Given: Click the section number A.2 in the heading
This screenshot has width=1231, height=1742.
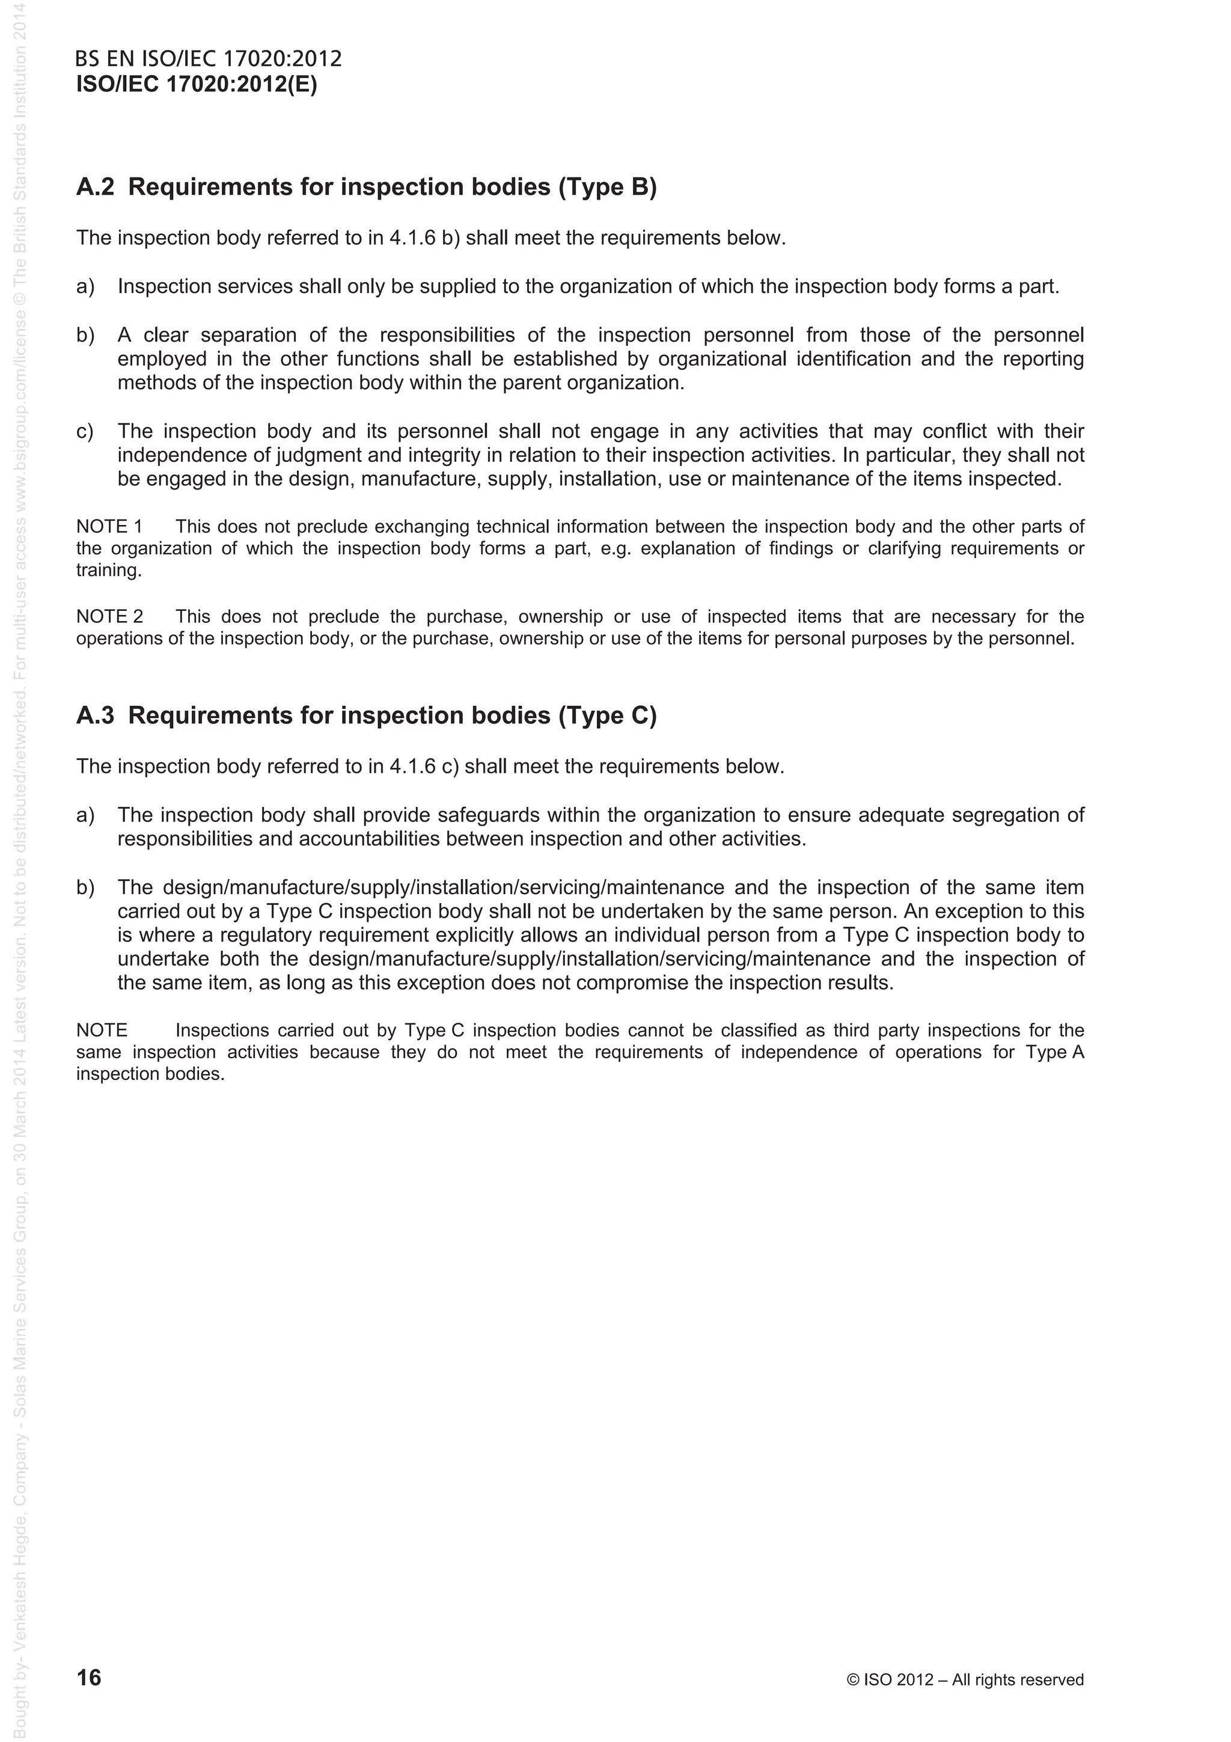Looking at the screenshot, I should [95, 186].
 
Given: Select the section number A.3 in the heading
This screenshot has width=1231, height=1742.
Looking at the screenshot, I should [95, 716].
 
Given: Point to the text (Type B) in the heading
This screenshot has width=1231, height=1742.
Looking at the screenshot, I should [608, 186].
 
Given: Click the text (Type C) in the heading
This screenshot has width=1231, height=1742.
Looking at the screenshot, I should [608, 716].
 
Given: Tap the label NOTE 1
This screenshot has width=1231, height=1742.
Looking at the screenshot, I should [109, 527].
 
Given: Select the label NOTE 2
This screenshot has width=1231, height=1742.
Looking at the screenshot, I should [109, 616].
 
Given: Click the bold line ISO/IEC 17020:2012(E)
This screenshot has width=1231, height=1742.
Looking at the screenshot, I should [197, 84].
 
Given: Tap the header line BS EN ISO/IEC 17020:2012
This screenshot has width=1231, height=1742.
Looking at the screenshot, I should [209, 59].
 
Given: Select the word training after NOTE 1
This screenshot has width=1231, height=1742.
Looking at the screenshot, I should [108, 571].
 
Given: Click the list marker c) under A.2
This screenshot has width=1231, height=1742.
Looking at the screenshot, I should [85, 432].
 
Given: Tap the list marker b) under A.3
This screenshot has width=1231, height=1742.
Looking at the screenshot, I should [85, 888].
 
